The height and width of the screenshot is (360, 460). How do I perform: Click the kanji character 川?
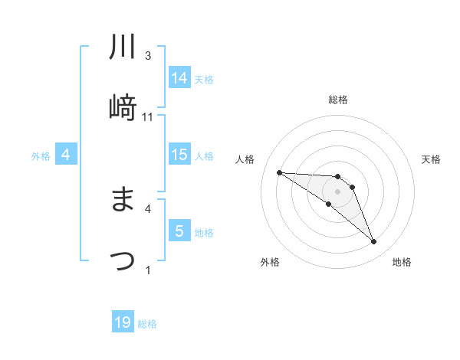[x=123, y=48]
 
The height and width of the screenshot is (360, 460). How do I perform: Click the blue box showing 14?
[x=179, y=78]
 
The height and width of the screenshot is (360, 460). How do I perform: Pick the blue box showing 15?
[x=179, y=155]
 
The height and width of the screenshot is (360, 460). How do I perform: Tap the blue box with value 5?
[x=179, y=231]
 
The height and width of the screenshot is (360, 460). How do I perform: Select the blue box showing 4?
[x=66, y=155]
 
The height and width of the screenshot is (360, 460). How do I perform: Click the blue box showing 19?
[x=123, y=322]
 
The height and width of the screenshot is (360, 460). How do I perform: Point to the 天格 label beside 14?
[x=204, y=80]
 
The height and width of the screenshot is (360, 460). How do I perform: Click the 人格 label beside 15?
[x=204, y=156]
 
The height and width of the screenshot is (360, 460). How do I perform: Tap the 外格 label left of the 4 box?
[x=41, y=156]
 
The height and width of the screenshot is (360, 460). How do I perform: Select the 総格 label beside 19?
[x=147, y=324]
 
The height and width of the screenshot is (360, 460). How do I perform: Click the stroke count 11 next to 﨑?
[x=149, y=117]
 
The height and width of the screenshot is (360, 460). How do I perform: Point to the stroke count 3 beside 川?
[x=148, y=56]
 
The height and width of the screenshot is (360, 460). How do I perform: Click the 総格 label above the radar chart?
[x=338, y=100]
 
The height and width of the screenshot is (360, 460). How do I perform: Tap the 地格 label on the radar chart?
[x=402, y=262]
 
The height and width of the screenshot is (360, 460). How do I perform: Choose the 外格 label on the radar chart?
[x=270, y=262]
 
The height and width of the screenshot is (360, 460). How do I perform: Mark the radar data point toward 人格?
[x=279, y=172]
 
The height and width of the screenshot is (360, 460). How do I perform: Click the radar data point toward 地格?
[x=373, y=242]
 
